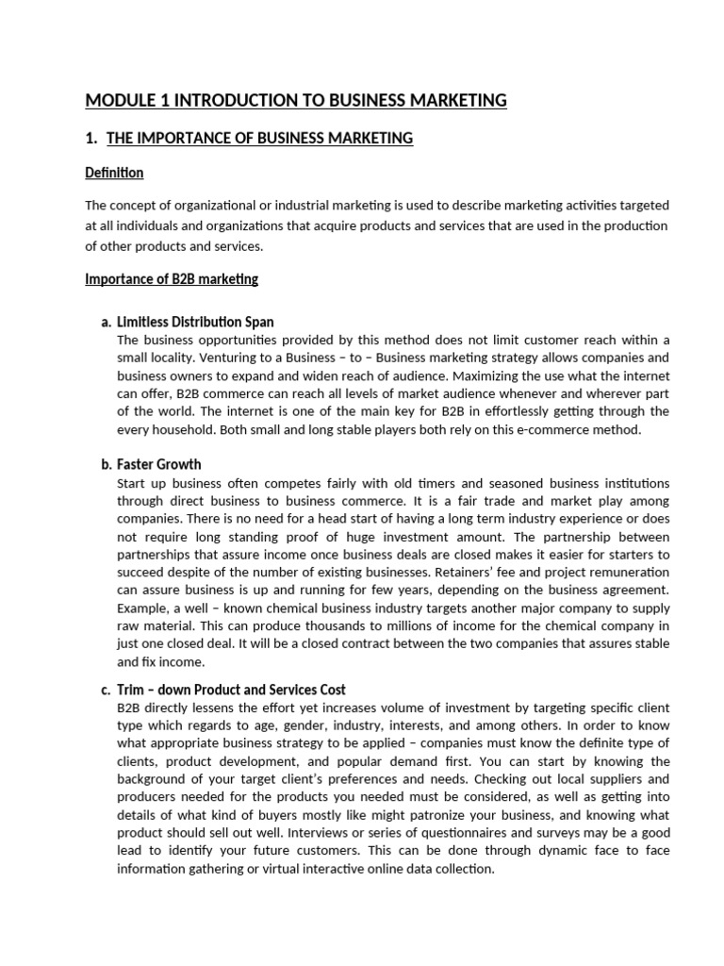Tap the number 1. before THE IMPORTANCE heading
(x=91, y=139)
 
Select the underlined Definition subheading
(x=114, y=173)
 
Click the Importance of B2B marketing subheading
(x=172, y=279)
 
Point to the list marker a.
(x=106, y=323)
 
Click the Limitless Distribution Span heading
(x=195, y=323)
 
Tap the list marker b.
(x=106, y=464)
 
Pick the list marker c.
(x=106, y=690)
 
